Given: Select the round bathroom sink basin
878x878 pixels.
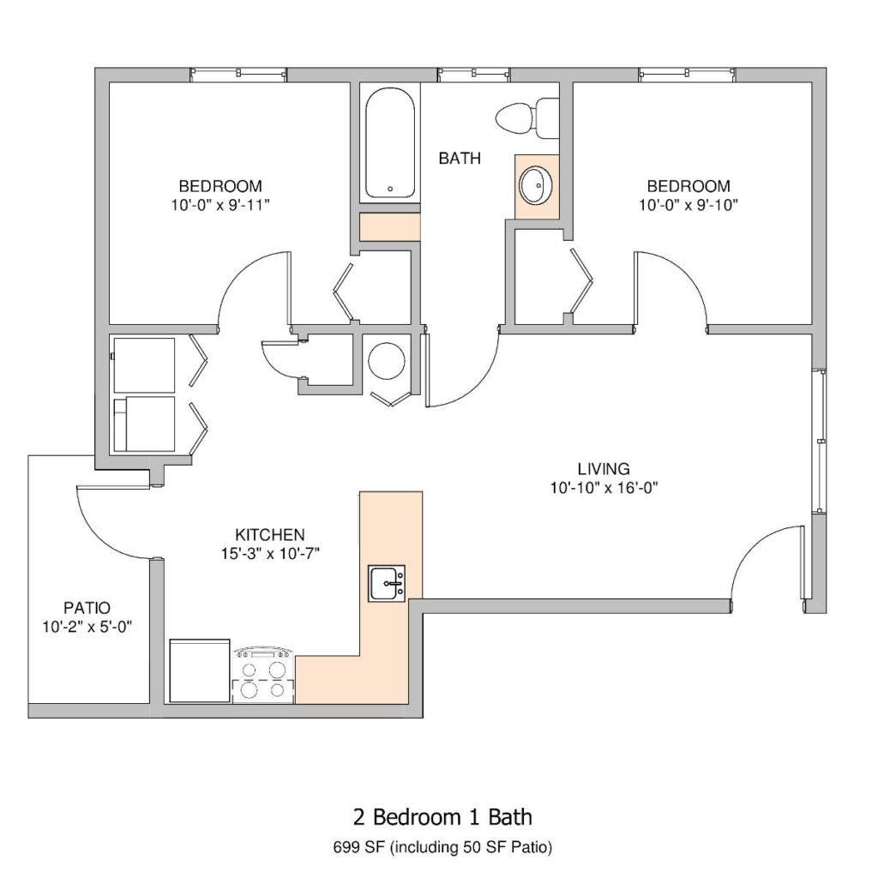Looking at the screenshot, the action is [x=537, y=185].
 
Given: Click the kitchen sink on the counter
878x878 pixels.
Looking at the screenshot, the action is [x=387, y=583].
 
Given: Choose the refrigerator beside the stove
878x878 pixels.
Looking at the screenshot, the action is [x=199, y=670].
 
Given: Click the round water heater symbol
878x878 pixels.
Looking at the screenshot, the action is [x=387, y=361].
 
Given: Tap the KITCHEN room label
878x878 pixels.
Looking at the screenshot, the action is [x=270, y=534].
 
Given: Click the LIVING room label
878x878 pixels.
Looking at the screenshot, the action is [x=604, y=468].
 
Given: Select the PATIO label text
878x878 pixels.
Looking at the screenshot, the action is [x=87, y=608].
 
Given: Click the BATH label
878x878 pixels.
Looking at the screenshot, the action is [x=460, y=159].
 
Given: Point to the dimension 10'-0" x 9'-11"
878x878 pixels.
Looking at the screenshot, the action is [x=220, y=205].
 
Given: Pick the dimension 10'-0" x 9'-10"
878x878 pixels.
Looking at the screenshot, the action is [x=689, y=205].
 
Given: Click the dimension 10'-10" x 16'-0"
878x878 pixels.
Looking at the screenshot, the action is [x=604, y=488].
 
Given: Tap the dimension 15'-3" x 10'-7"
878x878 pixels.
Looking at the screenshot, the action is [x=270, y=554].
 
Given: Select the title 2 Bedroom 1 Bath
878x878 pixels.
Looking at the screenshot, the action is [x=442, y=817].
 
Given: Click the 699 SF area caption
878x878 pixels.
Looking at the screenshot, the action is [x=442, y=847].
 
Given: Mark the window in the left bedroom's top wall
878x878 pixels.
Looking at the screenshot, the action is [x=238, y=75].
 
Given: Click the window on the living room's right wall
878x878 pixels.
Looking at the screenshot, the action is [x=819, y=442].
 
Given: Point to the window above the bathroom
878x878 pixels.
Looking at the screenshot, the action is [x=473, y=75].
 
